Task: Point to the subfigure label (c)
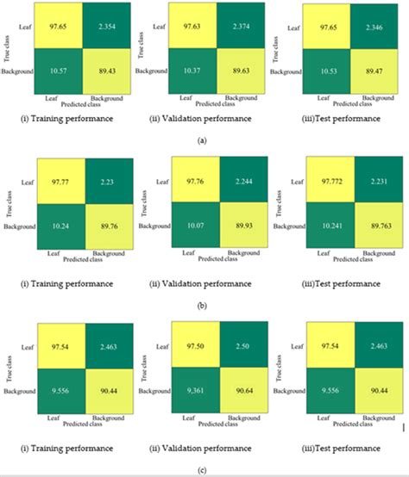[x=204, y=468]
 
